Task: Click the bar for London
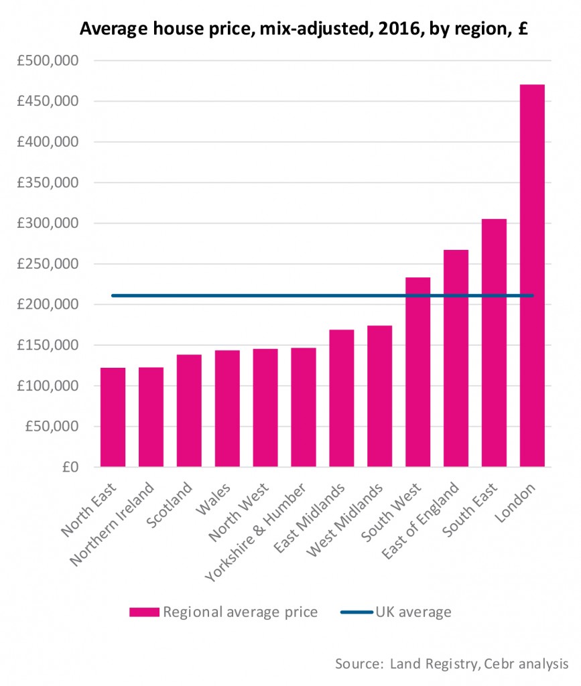(531, 275)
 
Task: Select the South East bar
(494, 342)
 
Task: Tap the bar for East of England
(456, 358)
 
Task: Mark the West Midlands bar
(379, 396)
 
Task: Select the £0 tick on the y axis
(69, 467)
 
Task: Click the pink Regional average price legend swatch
(144, 612)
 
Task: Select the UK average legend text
(413, 612)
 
